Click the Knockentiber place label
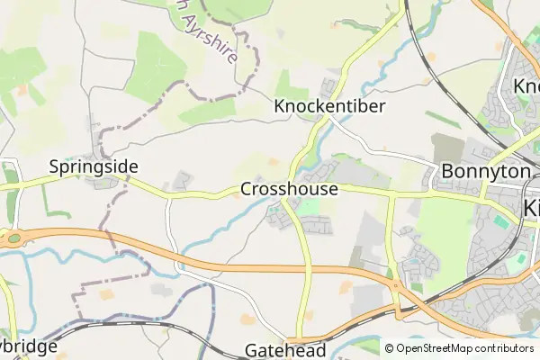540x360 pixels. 329,106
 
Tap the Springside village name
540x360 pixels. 94,166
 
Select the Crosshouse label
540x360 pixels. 289,190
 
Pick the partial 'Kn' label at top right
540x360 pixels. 526,86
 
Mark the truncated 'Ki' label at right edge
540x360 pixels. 531,208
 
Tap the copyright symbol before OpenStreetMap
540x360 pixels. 389,348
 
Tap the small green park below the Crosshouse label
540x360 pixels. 308,208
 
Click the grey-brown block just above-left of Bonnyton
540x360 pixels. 447,148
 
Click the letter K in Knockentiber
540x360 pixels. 279,106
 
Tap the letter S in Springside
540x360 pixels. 54,166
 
